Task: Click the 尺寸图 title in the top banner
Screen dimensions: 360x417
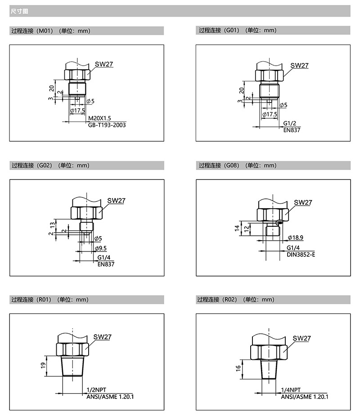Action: click(x=19, y=11)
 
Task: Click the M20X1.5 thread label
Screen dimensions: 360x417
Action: click(x=99, y=118)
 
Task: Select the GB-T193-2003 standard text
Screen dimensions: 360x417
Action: click(x=107, y=125)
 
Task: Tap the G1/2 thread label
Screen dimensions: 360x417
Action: click(x=289, y=123)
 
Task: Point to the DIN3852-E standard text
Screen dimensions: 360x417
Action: click(x=301, y=255)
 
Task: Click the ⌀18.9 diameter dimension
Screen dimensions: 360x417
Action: click(x=295, y=238)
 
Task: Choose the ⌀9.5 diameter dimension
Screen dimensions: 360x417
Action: click(x=101, y=248)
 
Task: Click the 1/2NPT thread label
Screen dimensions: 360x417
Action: click(x=96, y=390)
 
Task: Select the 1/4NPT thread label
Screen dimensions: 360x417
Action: click(x=291, y=390)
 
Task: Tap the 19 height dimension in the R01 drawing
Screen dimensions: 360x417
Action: click(x=43, y=366)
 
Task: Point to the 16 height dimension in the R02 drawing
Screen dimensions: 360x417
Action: click(x=238, y=368)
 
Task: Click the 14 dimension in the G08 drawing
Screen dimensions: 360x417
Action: click(x=237, y=228)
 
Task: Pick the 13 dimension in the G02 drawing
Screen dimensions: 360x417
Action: click(x=53, y=225)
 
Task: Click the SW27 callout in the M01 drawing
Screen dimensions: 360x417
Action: click(x=104, y=64)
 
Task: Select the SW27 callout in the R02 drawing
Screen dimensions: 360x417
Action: click(x=302, y=338)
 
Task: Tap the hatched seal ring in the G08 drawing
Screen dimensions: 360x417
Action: click(x=279, y=222)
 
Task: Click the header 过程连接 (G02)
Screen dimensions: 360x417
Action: click(x=32, y=166)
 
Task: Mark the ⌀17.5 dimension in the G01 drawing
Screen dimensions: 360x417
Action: click(x=270, y=114)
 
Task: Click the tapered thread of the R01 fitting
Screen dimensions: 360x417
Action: click(x=72, y=366)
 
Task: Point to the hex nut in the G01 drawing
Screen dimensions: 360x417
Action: click(x=269, y=76)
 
